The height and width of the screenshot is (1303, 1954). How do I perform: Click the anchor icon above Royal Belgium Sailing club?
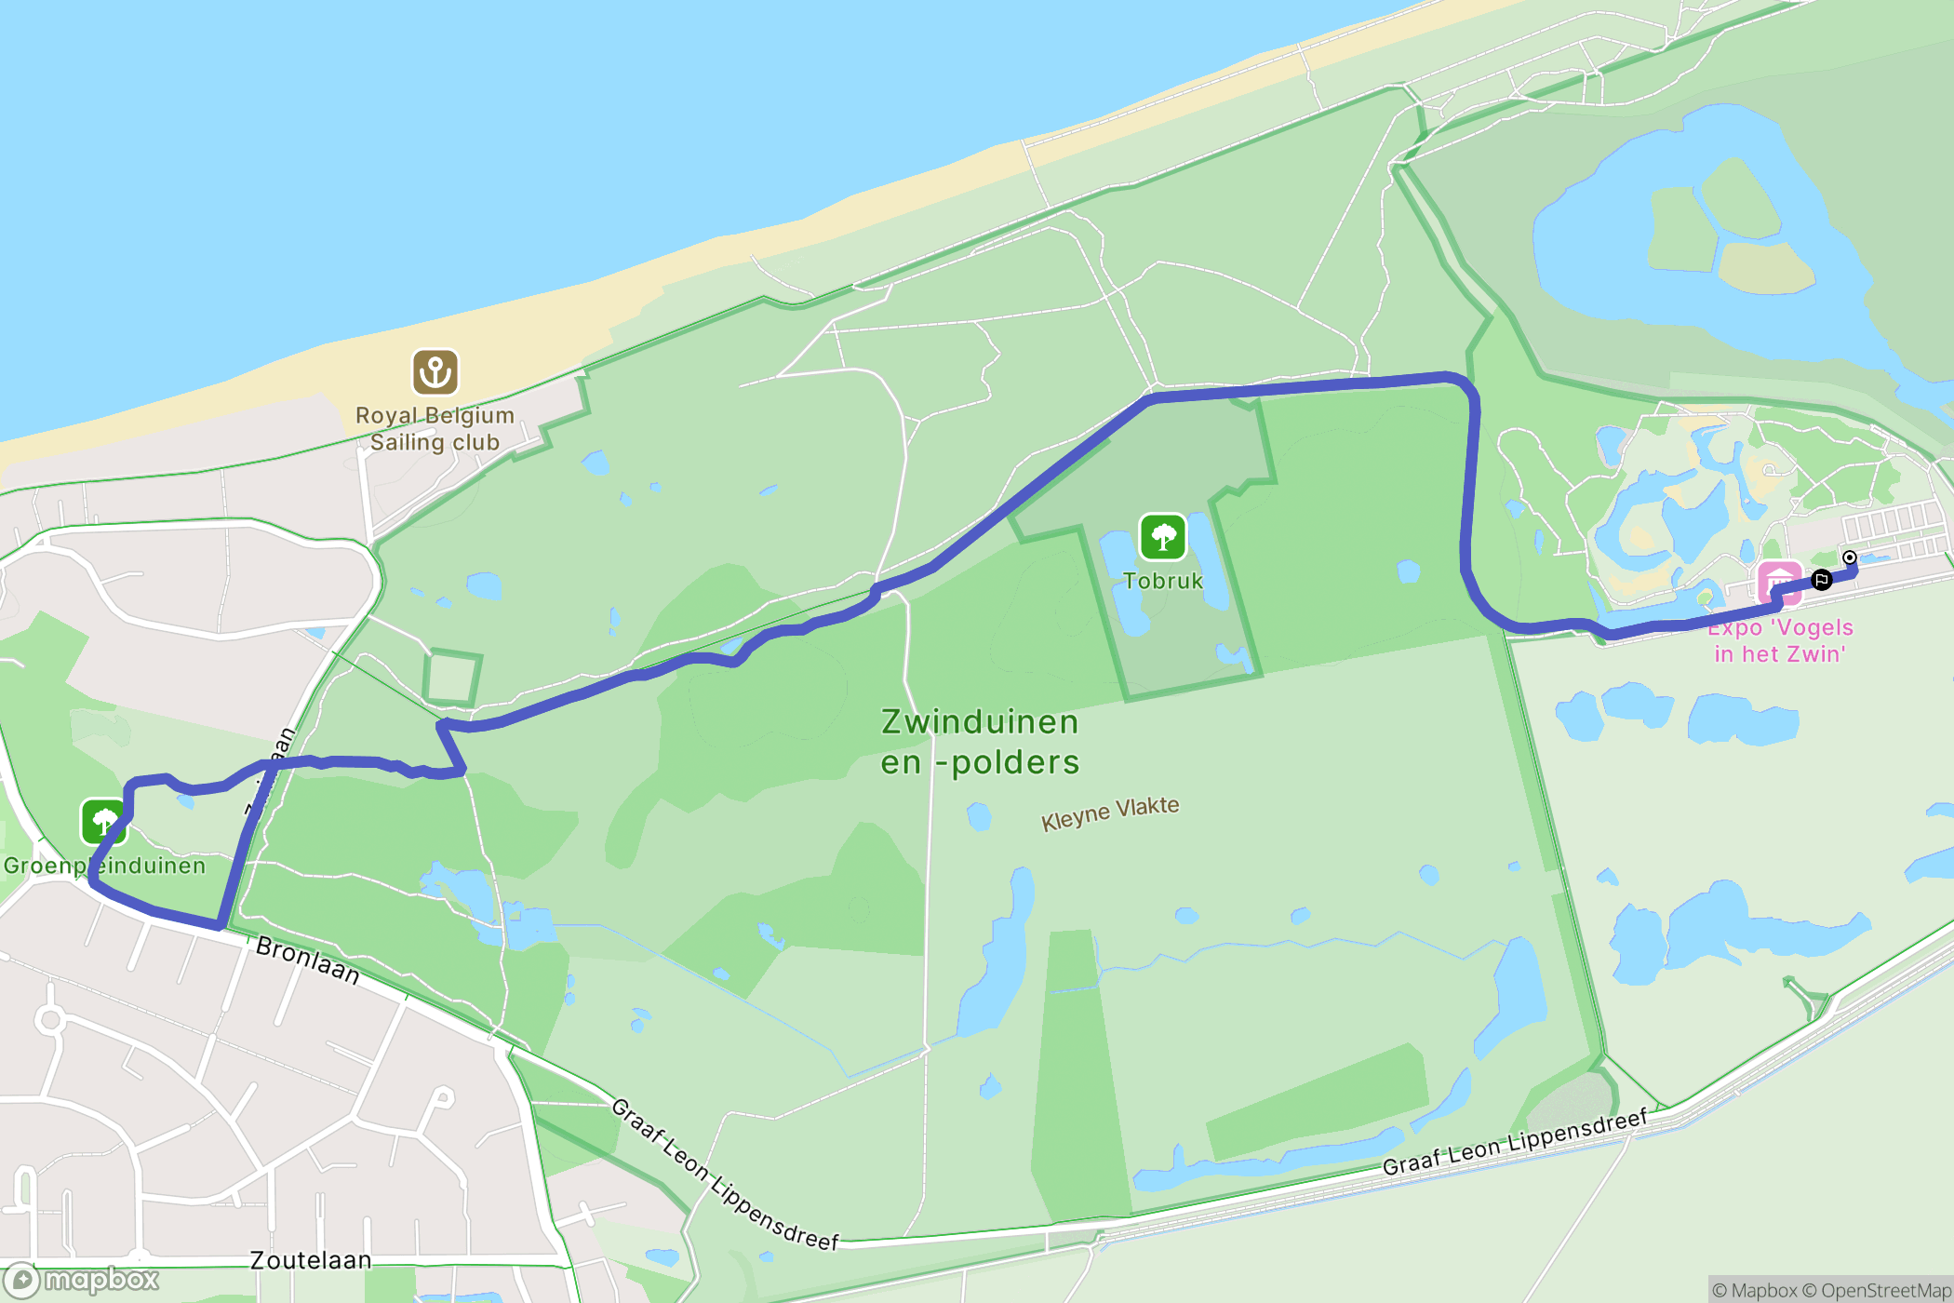click(435, 372)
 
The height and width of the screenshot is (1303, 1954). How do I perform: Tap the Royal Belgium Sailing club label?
click(435, 429)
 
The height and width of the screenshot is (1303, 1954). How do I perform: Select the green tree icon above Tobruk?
click(1162, 537)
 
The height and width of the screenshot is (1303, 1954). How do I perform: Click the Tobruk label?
click(1162, 581)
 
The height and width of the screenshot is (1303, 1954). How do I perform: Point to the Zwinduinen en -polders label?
click(980, 742)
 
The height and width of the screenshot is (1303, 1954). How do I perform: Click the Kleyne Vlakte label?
click(1110, 813)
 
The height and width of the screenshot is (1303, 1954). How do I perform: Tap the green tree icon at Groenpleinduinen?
click(103, 821)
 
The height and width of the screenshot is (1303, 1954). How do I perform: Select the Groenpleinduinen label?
click(104, 866)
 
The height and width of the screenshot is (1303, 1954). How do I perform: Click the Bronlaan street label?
click(307, 960)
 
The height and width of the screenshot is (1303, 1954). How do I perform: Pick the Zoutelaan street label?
click(311, 1260)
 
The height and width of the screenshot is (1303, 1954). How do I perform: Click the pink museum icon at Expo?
click(1778, 583)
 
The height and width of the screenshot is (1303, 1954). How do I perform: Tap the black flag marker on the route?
click(1822, 580)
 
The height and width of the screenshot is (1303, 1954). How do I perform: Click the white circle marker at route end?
click(1850, 557)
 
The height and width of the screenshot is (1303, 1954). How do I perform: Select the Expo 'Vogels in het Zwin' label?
click(1779, 640)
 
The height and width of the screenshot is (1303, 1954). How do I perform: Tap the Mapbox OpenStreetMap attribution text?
click(1831, 1290)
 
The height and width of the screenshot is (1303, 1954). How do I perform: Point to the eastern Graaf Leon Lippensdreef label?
click(1514, 1142)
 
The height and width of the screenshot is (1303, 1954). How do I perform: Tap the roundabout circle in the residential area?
click(51, 1020)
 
